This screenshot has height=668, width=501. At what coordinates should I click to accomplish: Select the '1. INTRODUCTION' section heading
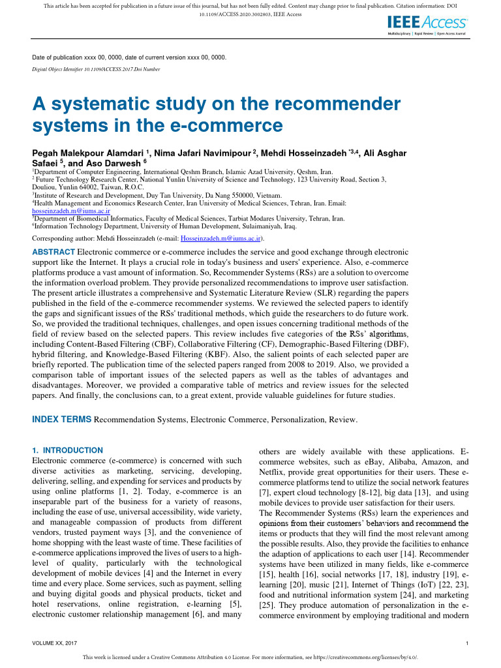(x=67, y=450)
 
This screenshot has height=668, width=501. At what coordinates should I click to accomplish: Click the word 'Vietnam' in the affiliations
(x=267, y=194)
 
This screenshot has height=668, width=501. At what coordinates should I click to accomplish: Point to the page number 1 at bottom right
(x=468, y=644)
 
